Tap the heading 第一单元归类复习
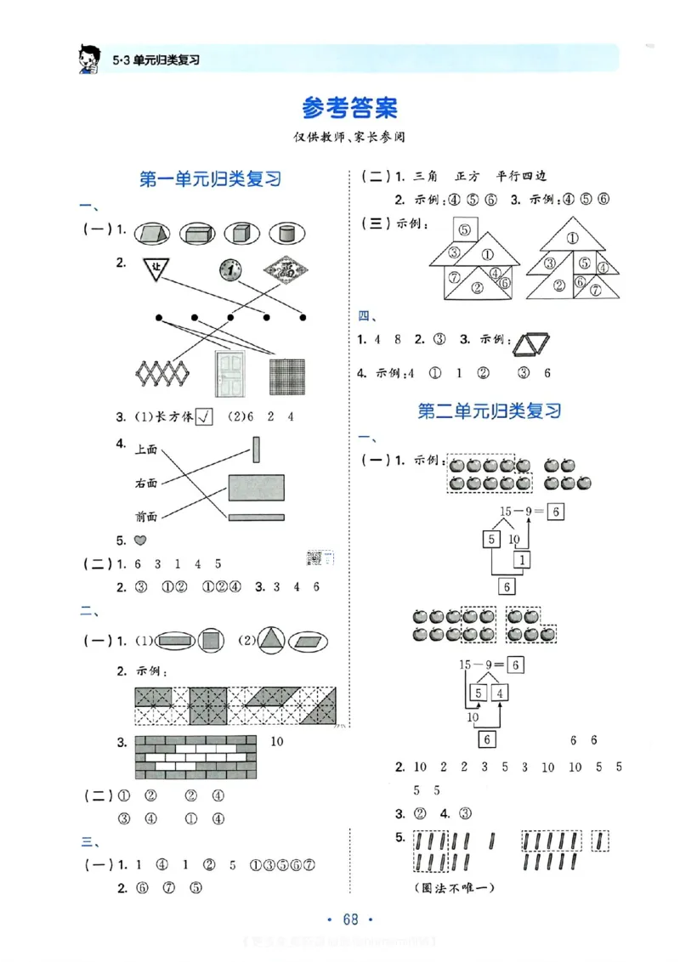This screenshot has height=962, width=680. [209, 179]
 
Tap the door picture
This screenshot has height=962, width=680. [229, 374]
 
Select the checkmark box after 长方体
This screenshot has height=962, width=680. [204, 416]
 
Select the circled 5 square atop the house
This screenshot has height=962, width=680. [463, 229]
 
